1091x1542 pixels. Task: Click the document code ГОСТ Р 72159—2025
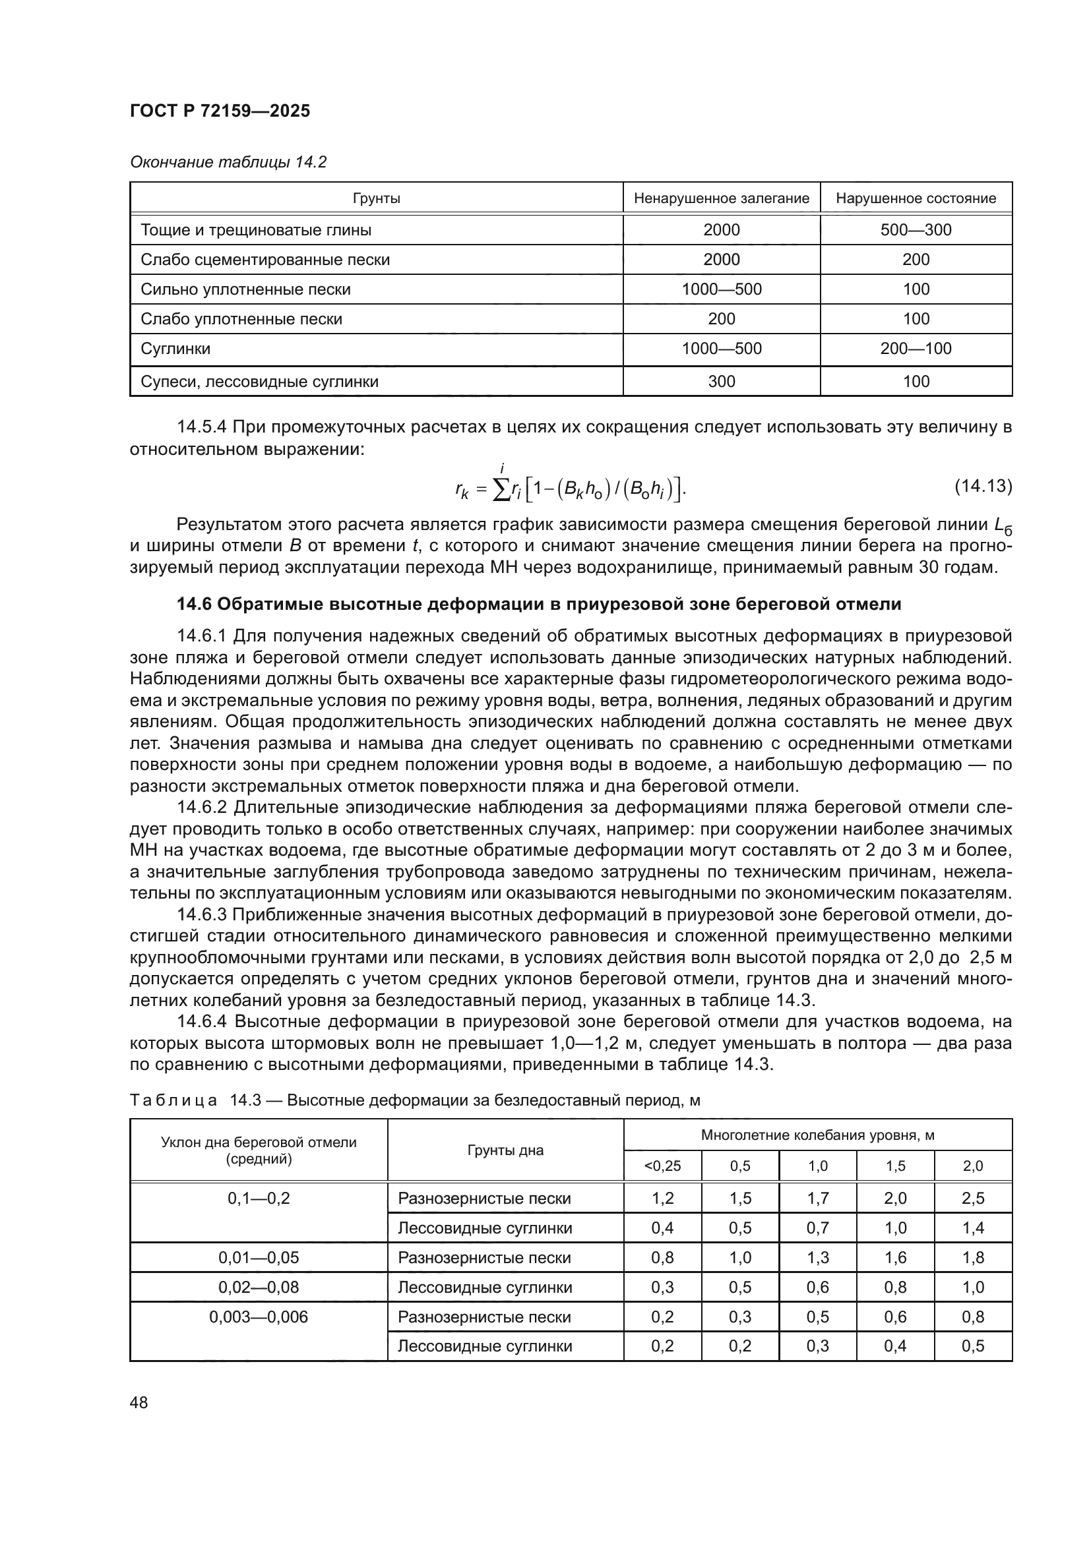[220, 111]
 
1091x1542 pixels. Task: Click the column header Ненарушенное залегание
[721, 198]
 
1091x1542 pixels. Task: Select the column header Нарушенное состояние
[916, 198]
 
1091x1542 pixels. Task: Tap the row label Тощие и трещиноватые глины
[256, 230]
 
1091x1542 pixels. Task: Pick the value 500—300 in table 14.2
[916, 230]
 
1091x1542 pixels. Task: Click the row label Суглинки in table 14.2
[175, 349]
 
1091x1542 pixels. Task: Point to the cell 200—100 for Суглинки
[916, 349]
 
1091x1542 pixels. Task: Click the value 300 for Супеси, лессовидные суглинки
[721, 382]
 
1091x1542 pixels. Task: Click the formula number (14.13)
[983, 487]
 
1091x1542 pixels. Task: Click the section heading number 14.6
[193, 605]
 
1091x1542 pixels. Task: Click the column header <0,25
[662, 1165]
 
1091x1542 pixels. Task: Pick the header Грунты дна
[505, 1150]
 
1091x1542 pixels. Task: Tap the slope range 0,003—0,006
[259, 1317]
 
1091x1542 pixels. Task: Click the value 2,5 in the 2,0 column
[973, 1198]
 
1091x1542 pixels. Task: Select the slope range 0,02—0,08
[259, 1287]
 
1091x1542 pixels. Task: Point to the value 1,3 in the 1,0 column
[817, 1257]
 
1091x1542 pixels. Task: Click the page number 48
[139, 1402]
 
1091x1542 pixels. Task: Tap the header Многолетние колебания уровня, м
[817, 1135]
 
